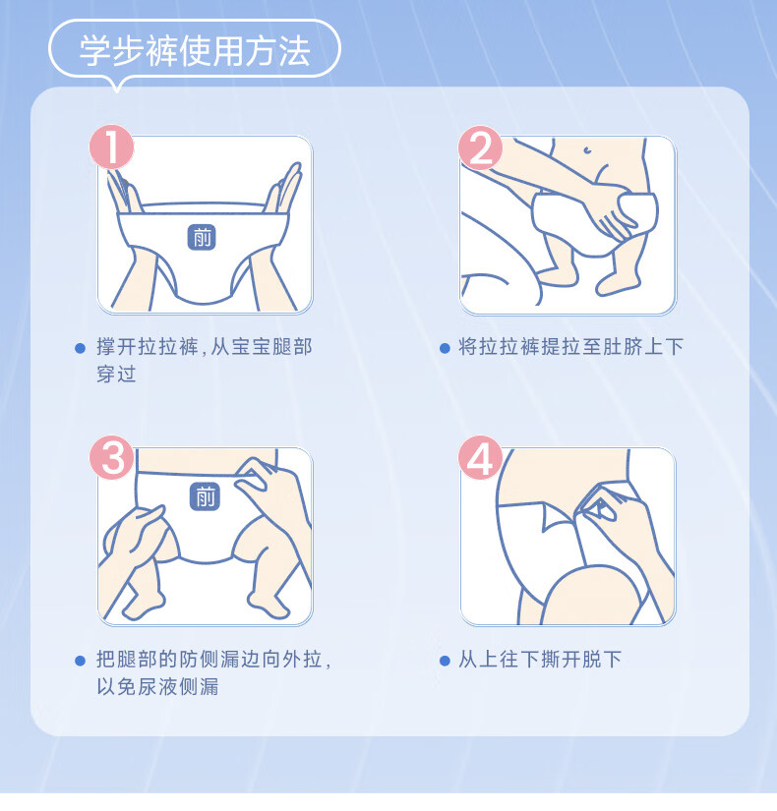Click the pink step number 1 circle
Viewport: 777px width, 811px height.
point(112,146)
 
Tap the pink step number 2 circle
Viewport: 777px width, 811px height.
point(480,147)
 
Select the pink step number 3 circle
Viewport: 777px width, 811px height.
point(112,457)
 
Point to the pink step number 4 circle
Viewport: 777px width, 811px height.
point(480,457)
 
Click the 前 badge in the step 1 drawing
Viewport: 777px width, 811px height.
point(202,238)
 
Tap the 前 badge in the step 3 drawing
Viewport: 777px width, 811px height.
point(205,496)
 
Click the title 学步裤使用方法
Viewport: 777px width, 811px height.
point(195,51)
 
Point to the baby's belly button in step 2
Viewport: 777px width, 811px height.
point(587,150)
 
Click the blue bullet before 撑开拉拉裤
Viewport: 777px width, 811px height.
point(81,348)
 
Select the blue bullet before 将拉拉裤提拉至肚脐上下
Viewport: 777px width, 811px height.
point(445,348)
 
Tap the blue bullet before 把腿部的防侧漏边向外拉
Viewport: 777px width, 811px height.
point(81,661)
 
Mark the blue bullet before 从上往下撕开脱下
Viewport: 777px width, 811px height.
point(445,661)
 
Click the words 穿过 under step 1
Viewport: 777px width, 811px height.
point(116,374)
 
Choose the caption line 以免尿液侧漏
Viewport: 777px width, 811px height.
point(158,686)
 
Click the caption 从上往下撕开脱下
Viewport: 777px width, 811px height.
point(540,660)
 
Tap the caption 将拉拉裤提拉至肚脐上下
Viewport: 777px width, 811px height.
point(571,347)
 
